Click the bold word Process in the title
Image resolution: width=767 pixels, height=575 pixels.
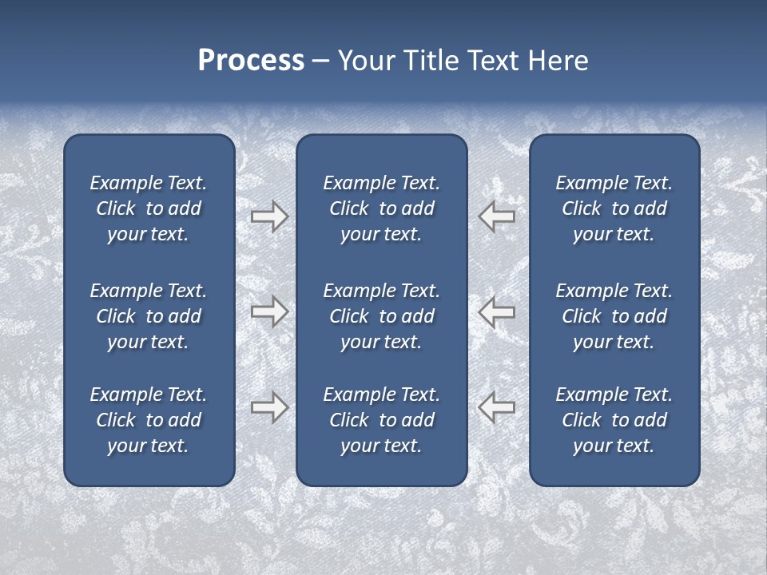(251, 61)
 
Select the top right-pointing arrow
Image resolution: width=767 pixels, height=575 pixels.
(269, 216)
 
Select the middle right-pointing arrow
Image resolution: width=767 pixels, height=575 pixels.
(269, 311)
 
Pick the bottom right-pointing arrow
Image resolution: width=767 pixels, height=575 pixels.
(269, 407)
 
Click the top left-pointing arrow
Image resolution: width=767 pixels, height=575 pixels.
(496, 216)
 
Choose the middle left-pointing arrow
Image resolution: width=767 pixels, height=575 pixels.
(496, 311)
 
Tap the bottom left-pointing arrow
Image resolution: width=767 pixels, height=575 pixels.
(496, 407)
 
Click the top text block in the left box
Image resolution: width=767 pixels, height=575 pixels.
(149, 208)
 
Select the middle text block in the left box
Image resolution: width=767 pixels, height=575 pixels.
(149, 316)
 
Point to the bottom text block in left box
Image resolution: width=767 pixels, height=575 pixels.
(149, 420)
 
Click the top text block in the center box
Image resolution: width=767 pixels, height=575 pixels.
(381, 208)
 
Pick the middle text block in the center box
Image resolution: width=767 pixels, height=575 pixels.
(381, 316)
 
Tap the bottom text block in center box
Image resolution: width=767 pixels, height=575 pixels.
(381, 420)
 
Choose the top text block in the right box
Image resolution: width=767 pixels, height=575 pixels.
(614, 208)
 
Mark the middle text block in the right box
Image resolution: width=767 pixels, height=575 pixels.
(614, 316)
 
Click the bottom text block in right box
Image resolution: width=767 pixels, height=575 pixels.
(614, 420)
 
